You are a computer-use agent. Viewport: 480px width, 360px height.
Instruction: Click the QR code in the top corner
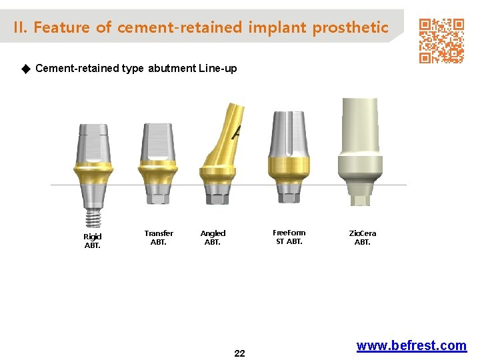coord(441,41)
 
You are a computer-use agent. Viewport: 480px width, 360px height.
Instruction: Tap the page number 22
coord(239,353)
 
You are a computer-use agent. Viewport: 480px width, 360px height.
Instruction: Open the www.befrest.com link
coord(411,345)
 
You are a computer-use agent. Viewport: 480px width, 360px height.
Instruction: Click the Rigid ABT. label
coord(92,241)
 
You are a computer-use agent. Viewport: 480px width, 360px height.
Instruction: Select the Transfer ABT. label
coord(159,237)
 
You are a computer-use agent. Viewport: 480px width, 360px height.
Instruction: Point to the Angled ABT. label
coord(213,237)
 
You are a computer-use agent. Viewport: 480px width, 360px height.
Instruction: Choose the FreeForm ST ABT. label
coord(289,237)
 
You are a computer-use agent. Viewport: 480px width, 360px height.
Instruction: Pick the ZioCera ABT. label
coord(362,237)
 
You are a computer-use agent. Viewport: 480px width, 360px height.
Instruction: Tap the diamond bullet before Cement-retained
coord(26,68)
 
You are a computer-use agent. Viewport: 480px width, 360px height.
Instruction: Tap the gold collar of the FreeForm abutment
coord(289,167)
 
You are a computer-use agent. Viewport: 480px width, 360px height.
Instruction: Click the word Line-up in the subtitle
coord(217,68)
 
